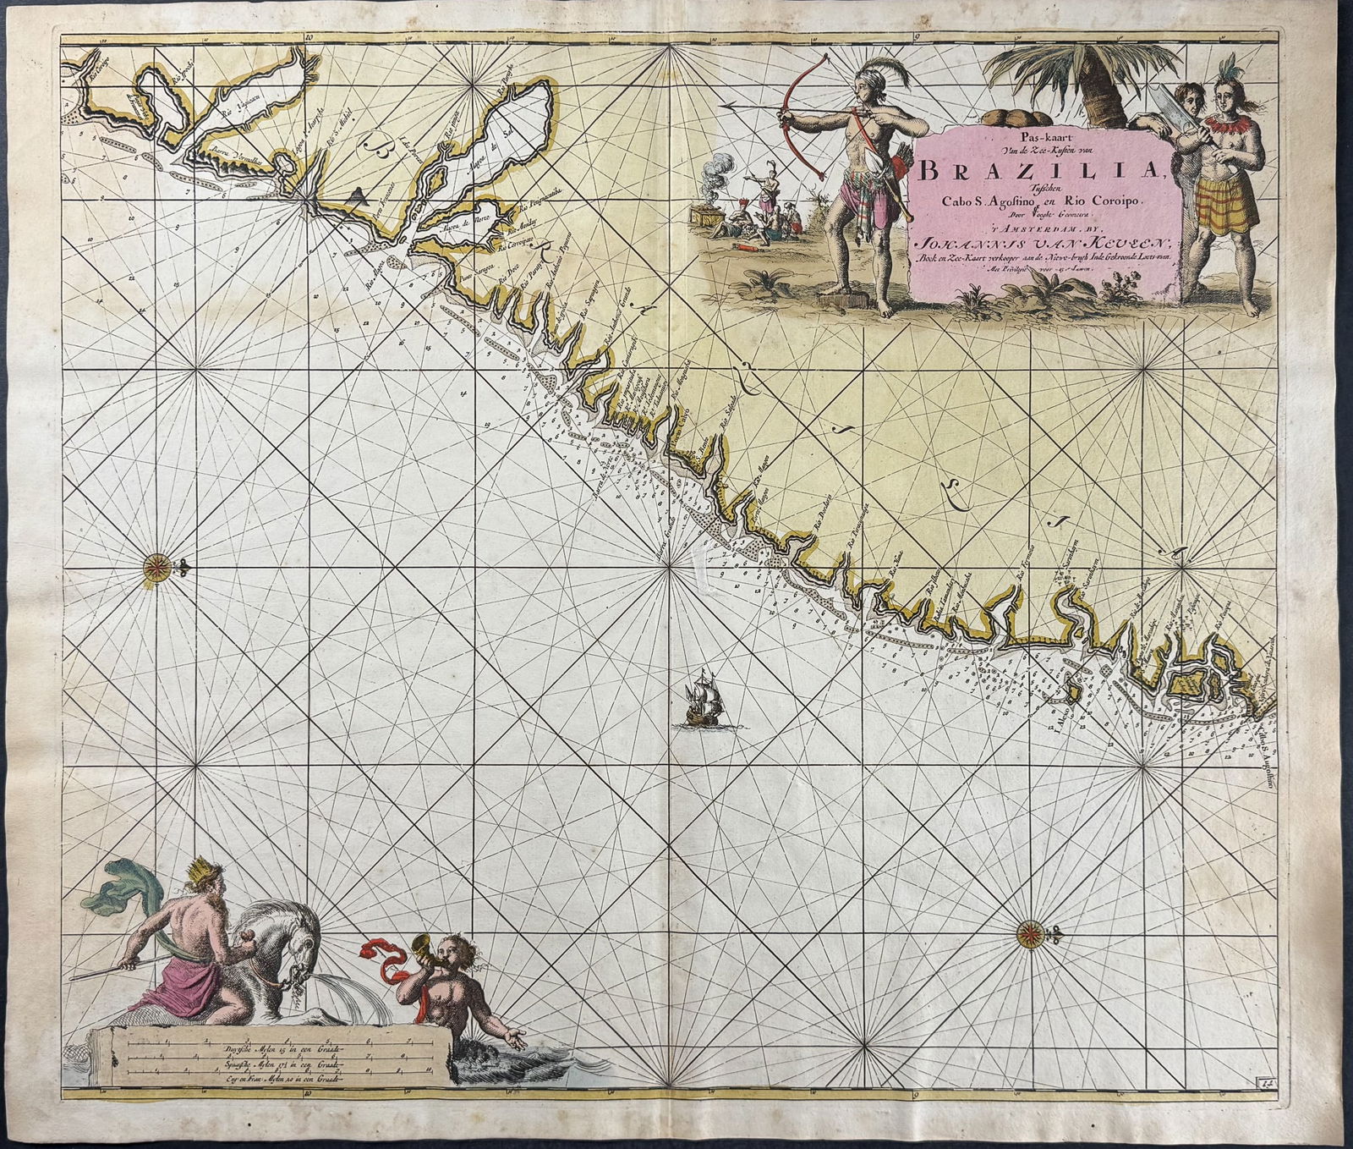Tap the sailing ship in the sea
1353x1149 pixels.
pyautogui.click(x=702, y=700)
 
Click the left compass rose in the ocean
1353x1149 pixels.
pyautogui.click(x=159, y=561)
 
